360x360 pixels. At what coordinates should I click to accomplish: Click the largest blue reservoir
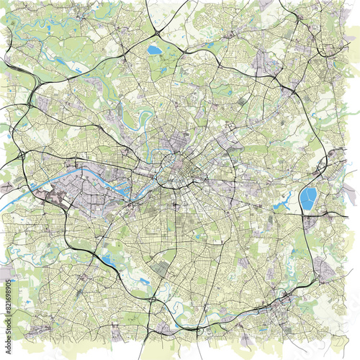coord(308,198)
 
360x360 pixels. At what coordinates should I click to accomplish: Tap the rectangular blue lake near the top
coord(154,50)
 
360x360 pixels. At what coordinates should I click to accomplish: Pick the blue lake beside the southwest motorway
coord(110,260)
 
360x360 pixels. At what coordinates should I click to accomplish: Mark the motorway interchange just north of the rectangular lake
coord(158,33)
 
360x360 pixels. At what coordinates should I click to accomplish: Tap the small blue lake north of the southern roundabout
coord(145,282)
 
